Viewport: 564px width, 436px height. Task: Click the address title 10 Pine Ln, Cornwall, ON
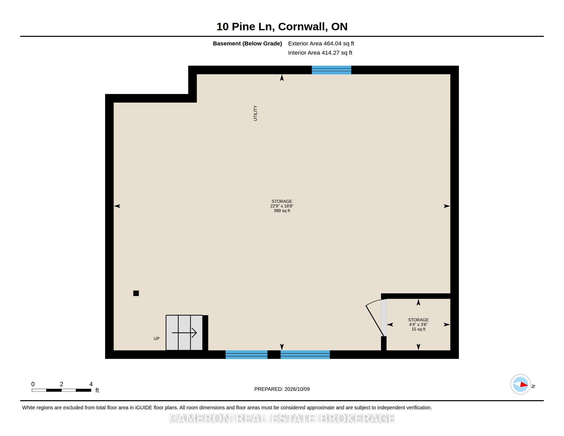pos(282,27)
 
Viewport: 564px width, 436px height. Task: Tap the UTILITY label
pos(255,113)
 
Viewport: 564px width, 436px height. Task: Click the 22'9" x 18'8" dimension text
pos(282,206)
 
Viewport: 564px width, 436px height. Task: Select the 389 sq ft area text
pos(282,211)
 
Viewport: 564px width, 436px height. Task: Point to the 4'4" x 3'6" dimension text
pos(418,324)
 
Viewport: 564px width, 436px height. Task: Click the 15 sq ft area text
pos(418,329)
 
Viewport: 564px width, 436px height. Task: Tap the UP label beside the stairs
pos(156,339)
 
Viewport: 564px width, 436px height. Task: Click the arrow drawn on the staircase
pos(184,333)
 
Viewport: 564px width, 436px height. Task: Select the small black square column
pos(136,293)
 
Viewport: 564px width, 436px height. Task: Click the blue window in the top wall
pos(331,70)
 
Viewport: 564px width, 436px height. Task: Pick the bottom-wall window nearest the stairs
pos(246,354)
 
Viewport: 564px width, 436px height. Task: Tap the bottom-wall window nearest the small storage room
pos(305,354)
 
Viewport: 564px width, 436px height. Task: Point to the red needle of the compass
pos(524,385)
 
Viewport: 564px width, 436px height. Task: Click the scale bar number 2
pos(62,384)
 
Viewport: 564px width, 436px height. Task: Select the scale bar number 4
pos(91,384)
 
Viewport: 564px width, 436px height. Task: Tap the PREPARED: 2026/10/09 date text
pos(282,389)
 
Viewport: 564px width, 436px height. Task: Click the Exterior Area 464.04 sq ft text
pos(321,43)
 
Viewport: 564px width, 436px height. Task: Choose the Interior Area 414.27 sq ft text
pos(320,53)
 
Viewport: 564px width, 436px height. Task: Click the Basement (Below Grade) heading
pos(247,43)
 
